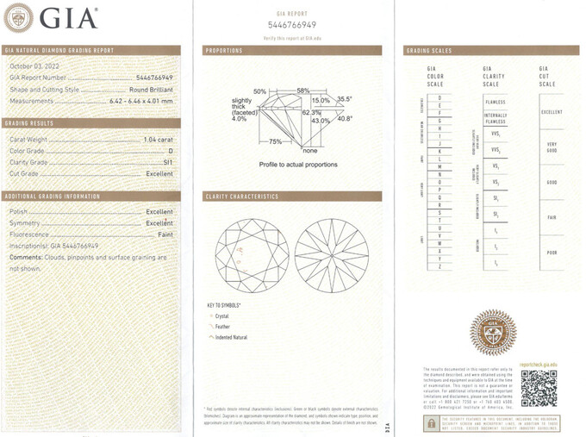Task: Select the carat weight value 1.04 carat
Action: [x=158, y=139]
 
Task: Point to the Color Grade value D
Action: [x=171, y=150]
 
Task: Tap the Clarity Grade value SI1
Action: [x=167, y=161]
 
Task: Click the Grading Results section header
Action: [x=30, y=123]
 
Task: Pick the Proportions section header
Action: [x=224, y=51]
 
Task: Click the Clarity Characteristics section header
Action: [x=241, y=197]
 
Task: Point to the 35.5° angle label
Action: [x=345, y=100]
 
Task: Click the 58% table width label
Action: [x=302, y=91]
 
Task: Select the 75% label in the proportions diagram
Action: [x=277, y=140]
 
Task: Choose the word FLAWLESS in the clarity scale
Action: [x=496, y=102]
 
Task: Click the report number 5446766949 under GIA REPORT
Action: [x=293, y=25]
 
